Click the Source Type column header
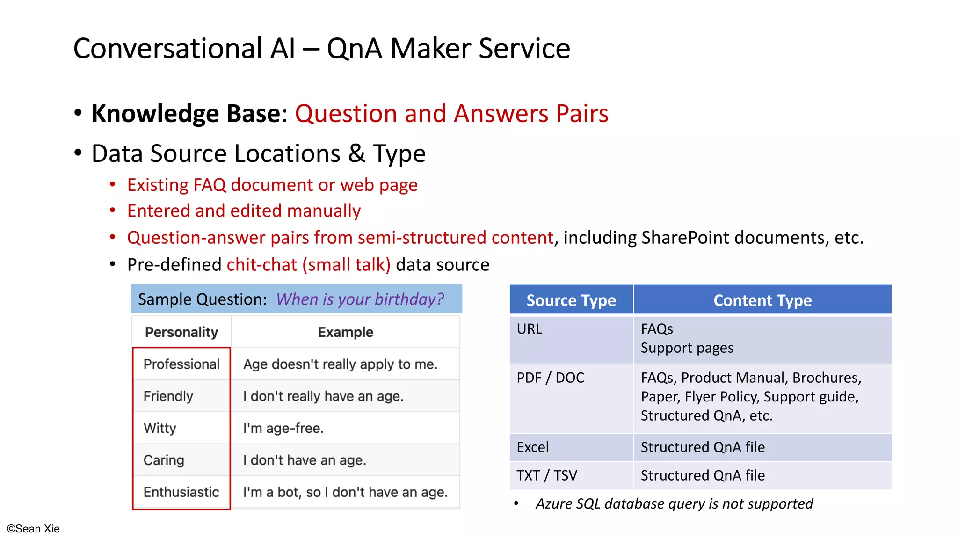tap(571, 300)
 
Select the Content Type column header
tap(762, 300)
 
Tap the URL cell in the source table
tap(530, 329)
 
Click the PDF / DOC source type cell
tap(551, 378)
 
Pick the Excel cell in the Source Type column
tap(533, 447)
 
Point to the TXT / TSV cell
tap(547, 475)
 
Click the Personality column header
tap(181, 332)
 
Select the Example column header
tap(345, 332)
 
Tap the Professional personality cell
tap(181, 364)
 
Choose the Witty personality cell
tap(160, 428)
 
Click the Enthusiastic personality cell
tap(181, 492)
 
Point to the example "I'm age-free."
tap(283, 428)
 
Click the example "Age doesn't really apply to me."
tap(340, 364)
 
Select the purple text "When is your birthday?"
tap(360, 299)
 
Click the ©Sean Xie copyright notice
tap(33, 529)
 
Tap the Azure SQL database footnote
tap(674, 504)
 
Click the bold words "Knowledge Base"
tap(186, 114)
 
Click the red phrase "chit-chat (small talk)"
tap(308, 265)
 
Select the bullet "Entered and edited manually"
tap(244, 211)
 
